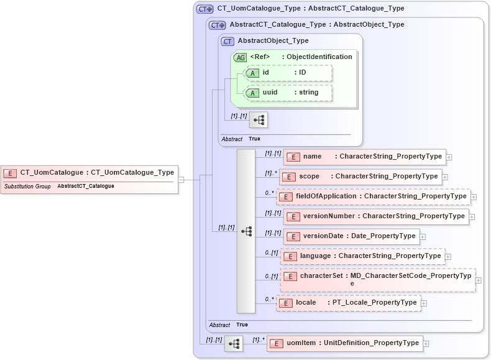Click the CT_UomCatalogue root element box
click(x=89, y=173)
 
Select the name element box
click(x=364, y=157)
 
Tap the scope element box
click(x=361, y=177)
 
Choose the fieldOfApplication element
click(x=372, y=196)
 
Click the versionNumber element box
click(x=375, y=216)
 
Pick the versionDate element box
click(x=351, y=236)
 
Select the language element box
click(x=362, y=256)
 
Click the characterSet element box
click(x=377, y=280)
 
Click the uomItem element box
click(x=344, y=343)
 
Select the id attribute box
click(x=288, y=73)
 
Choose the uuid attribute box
click(x=288, y=93)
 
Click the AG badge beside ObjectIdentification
click(x=240, y=57)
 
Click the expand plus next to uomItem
click(x=426, y=343)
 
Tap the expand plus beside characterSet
click(x=478, y=280)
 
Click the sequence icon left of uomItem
click(x=234, y=343)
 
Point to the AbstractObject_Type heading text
click(x=273, y=41)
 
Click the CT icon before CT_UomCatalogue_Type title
click(x=204, y=9)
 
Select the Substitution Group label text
click(x=27, y=187)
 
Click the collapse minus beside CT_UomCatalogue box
click(x=181, y=180)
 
